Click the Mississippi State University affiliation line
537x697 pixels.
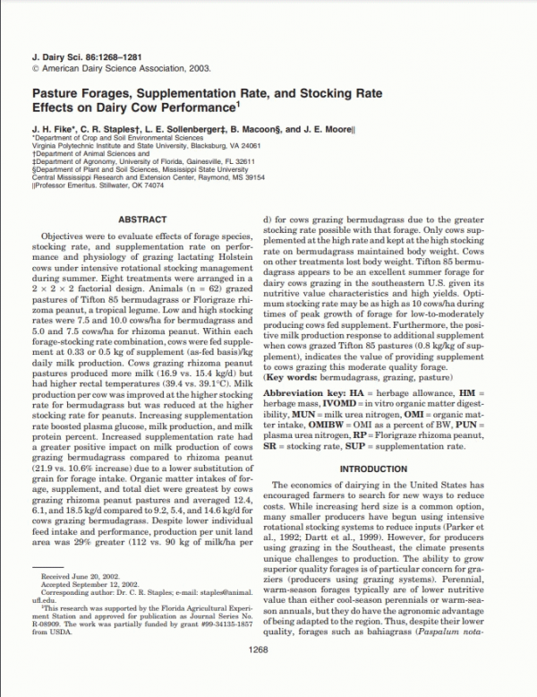140,169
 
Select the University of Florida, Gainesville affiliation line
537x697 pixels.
138,161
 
